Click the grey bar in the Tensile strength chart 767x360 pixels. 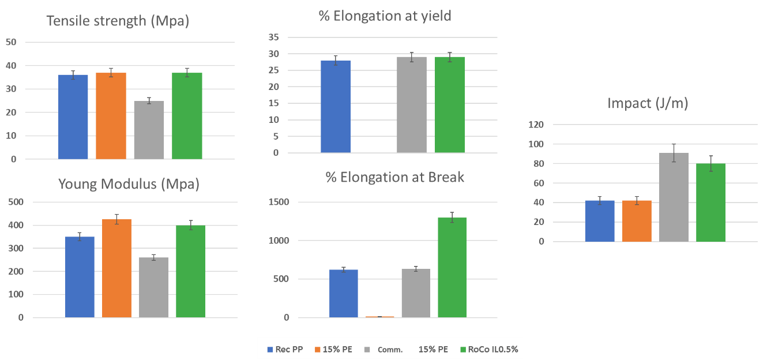point(149,130)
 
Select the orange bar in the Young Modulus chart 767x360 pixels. point(117,268)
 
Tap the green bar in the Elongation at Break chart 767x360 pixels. point(452,267)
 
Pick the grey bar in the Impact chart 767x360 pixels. point(674,197)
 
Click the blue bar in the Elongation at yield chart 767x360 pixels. point(336,107)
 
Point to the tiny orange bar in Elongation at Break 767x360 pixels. point(380,317)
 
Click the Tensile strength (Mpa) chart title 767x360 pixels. point(118,21)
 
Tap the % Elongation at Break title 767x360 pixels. point(395,177)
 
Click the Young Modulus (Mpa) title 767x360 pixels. point(129,185)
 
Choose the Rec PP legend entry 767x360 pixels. point(286,349)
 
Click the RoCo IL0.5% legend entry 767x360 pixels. point(490,349)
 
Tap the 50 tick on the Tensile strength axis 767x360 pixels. point(11,42)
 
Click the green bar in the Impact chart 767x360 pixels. point(710,202)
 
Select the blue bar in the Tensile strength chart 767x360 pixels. point(73,117)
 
